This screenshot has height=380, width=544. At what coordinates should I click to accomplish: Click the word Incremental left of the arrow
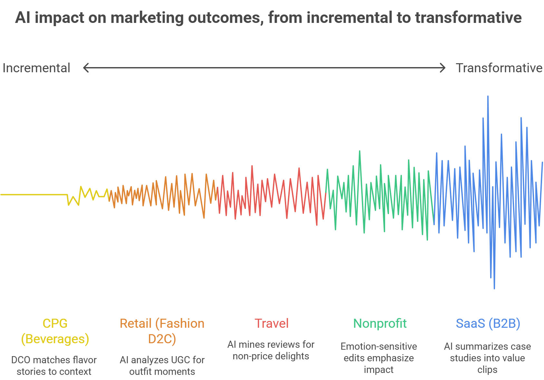click(x=36, y=68)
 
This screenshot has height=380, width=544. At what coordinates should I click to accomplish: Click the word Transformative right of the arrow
click(x=499, y=68)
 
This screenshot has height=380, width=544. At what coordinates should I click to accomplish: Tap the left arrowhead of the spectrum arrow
click(x=85, y=68)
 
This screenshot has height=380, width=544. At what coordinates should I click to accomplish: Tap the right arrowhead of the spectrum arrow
click(x=443, y=68)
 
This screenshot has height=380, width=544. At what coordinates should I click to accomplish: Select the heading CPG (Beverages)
click(x=55, y=331)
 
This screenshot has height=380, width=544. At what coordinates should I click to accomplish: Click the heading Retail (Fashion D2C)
click(x=162, y=331)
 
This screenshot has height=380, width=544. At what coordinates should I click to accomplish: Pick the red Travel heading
click(x=271, y=323)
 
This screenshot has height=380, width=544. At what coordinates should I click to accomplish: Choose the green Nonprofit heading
click(x=380, y=323)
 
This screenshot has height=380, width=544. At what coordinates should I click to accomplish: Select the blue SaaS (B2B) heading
click(x=488, y=323)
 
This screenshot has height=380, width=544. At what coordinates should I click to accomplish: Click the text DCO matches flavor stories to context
click(x=54, y=365)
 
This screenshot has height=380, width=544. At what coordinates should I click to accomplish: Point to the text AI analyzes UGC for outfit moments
click(x=162, y=365)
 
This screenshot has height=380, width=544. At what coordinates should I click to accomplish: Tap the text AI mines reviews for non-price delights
click(x=271, y=350)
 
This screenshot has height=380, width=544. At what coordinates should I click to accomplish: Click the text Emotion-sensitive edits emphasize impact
click(x=379, y=358)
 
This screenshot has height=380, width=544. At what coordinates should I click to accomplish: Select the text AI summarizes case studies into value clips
click(x=487, y=358)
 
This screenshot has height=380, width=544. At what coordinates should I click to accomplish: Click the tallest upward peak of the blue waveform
click(x=488, y=97)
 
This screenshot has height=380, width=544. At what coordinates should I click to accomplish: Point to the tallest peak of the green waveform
click(x=360, y=152)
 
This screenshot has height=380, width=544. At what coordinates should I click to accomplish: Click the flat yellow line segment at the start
click(x=34, y=195)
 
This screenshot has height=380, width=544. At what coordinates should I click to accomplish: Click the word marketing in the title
click(x=147, y=17)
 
